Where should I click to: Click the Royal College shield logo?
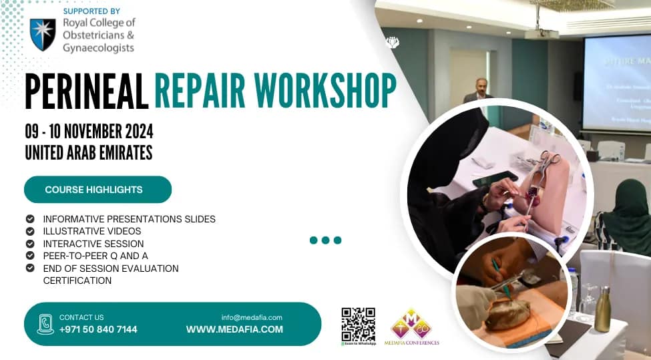click(43, 35)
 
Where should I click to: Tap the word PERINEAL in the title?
click(86, 91)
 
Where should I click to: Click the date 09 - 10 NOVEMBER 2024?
click(89, 131)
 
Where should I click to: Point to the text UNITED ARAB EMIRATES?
click(89, 153)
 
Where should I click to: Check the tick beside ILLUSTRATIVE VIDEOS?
click(30, 231)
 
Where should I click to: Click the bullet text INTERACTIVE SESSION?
click(93, 244)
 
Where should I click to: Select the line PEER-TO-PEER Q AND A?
click(95, 256)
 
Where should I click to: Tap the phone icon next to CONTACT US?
click(45, 324)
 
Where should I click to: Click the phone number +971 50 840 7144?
click(98, 329)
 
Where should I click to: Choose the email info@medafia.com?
click(252, 317)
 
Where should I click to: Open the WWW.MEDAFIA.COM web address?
click(234, 329)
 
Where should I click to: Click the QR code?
click(358, 323)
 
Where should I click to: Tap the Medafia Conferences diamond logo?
click(411, 324)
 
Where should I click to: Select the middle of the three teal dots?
click(325, 240)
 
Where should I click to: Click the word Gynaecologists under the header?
click(98, 48)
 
